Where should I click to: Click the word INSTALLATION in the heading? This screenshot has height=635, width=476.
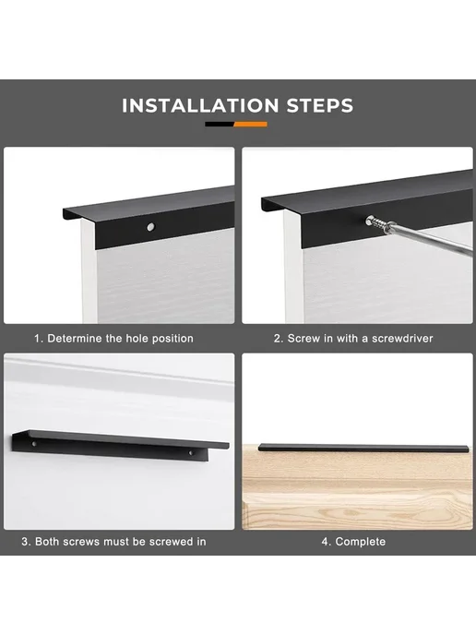click(200, 106)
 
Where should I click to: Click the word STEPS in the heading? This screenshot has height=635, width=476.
click(320, 106)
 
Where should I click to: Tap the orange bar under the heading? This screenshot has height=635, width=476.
click(251, 125)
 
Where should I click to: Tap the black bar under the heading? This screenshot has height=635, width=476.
click(220, 125)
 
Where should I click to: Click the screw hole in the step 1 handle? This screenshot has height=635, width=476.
click(150, 227)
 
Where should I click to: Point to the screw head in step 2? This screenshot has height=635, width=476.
click(370, 221)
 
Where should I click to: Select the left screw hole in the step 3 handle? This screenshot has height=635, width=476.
click(34, 444)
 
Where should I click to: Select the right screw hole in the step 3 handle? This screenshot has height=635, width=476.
click(191, 451)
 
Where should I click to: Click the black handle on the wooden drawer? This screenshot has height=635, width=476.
click(363, 448)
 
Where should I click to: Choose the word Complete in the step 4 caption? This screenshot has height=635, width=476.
click(361, 542)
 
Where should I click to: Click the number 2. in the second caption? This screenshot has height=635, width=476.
click(279, 339)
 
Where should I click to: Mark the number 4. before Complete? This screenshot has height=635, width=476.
click(327, 542)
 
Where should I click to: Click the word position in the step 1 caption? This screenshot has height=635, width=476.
click(173, 339)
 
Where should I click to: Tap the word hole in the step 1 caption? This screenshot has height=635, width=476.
click(137, 339)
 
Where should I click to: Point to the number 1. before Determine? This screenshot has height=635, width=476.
click(39, 339)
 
